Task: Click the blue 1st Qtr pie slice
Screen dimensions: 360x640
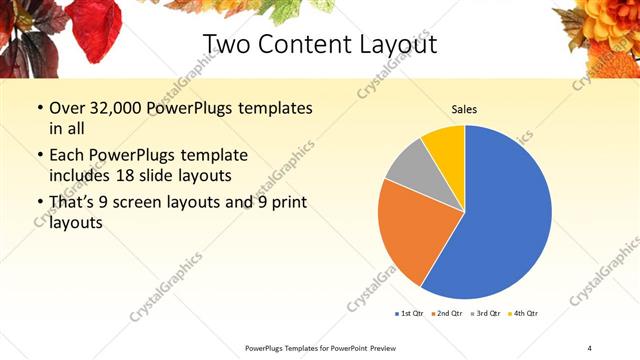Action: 500,220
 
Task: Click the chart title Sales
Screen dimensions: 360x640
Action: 464,109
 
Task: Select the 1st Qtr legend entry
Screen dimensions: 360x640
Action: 409,314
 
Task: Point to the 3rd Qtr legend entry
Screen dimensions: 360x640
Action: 484,314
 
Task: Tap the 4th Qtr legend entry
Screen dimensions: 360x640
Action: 523,314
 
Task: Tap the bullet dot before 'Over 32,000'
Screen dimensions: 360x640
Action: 39,108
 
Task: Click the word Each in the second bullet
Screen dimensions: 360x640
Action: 69,156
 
